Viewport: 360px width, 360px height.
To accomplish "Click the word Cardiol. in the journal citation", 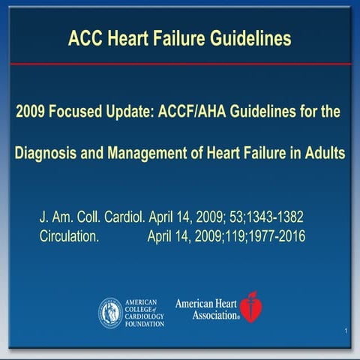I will [121, 218].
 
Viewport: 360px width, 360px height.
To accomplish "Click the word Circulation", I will [74, 238].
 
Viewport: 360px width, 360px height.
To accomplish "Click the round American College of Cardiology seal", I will [111, 312].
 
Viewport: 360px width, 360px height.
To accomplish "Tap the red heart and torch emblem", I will [250, 307].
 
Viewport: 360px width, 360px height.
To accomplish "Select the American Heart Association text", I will [206, 309].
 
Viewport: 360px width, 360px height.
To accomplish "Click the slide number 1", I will [345, 331].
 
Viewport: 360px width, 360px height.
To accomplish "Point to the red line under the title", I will [180, 64].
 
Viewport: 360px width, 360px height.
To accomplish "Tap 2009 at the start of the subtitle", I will [29, 112].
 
